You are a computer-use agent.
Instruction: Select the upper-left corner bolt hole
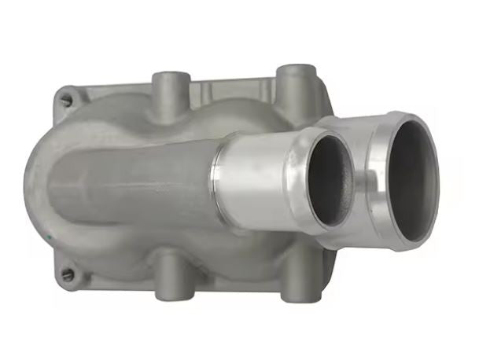[67, 98]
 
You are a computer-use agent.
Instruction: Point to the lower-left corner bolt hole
[68, 274]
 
